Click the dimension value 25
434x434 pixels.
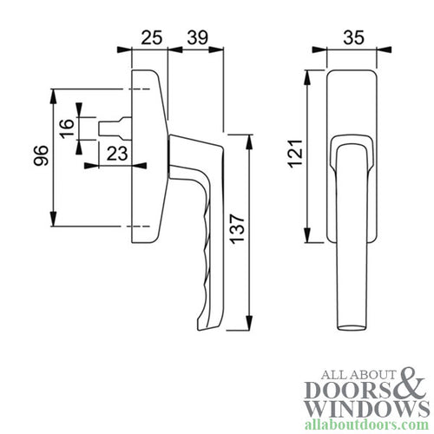pyautogui.click(x=151, y=38)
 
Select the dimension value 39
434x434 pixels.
pyautogui.click(x=197, y=38)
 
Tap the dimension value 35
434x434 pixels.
pyautogui.click(x=352, y=38)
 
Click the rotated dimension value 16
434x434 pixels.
pyautogui.click(x=66, y=128)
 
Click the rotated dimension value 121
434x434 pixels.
pyautogui.click(x=294, y=157)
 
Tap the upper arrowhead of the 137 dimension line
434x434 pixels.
pyautogui.click(x=249, y=139)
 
